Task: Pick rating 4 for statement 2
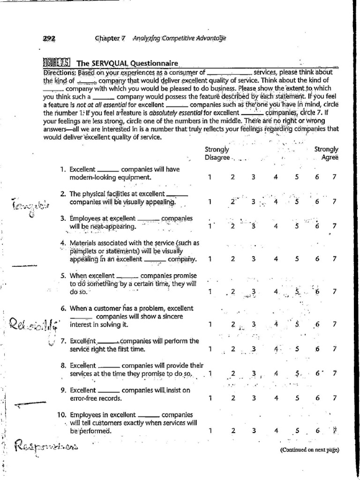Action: [276, 202]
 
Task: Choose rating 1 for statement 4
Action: [210, 259]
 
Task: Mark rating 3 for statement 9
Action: [253, 398]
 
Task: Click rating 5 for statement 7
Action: [297, 349]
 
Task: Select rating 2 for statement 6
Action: [232, 324]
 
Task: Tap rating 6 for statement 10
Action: [318, 431]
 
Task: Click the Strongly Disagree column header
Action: [217, 153]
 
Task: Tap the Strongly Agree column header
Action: [326, 153]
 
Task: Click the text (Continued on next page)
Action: [309, 450]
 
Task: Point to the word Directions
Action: [60, 73]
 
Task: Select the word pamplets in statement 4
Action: [84, 251]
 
